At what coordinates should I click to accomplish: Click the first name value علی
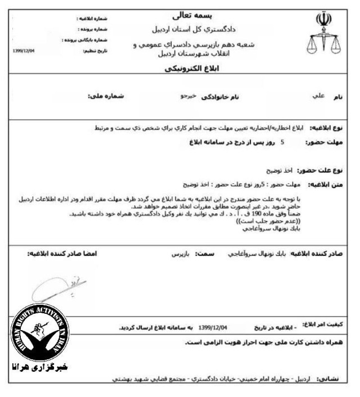318,96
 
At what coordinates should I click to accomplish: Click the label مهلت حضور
323,143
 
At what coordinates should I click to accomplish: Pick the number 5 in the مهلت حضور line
282,143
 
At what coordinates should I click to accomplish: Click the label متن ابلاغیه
323,184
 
